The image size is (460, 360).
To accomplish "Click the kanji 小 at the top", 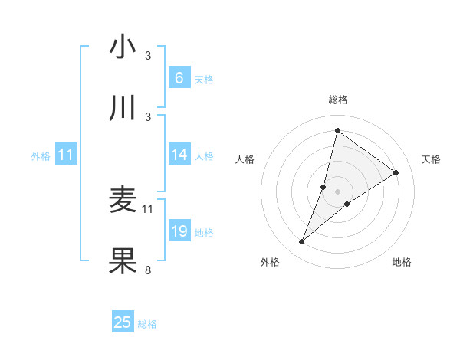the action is coord(123,47).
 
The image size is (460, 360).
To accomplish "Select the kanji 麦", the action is coord(123,200).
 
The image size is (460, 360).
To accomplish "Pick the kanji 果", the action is coord(123,261).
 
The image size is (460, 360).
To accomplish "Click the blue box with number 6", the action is coord(179,78).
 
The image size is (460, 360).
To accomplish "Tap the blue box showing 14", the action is coord(179,155).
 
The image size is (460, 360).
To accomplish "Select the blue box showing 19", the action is coord(179,231).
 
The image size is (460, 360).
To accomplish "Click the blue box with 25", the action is coord(123,322).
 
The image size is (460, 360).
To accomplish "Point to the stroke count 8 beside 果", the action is coord(148,270).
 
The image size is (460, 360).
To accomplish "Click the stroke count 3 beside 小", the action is coord(148,56).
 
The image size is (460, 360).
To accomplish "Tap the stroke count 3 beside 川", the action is coord(148,116).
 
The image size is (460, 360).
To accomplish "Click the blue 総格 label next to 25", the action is coord(147,324).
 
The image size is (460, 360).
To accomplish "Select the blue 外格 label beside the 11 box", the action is coord(41,155).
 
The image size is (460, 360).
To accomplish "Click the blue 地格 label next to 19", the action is coord(204,233).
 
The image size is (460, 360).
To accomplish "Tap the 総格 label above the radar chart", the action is coord(337,100).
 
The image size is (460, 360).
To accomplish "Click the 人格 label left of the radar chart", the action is coord(245,159).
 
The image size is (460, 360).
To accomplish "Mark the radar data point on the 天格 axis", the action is coord(396,172).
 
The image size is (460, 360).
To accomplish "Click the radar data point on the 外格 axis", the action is coord(302,242).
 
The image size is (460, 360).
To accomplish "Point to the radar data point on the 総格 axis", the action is coord(337,129).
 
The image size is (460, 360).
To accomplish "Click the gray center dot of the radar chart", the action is coord(337,191).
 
